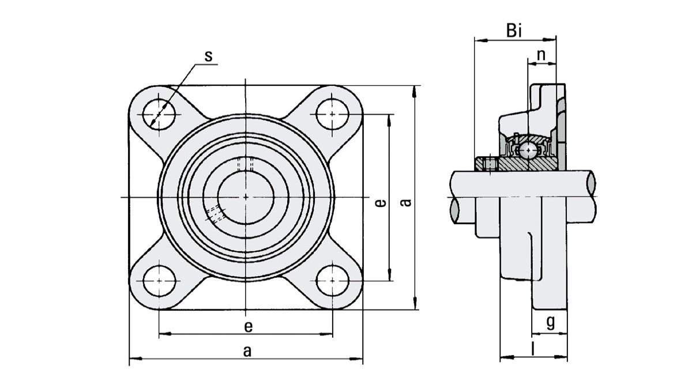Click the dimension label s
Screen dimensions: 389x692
209,56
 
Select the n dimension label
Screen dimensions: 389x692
541,55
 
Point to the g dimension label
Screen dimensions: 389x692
550,322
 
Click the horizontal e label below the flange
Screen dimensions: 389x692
247,326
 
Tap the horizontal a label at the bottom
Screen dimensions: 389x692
247,351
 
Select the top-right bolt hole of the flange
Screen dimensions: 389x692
332,114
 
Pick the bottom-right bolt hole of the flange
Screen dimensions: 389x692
332,281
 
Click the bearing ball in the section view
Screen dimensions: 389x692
526,151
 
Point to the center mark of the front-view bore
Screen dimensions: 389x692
246,197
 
